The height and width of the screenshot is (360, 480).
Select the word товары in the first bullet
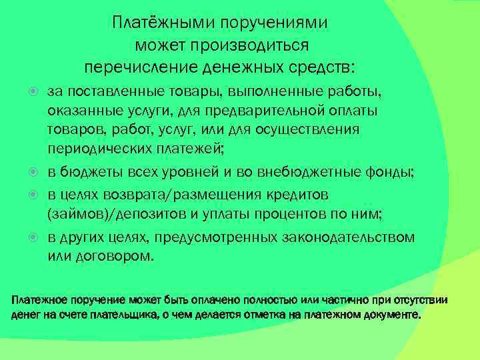[177, 91]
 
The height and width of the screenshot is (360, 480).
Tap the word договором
[111, 256]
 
